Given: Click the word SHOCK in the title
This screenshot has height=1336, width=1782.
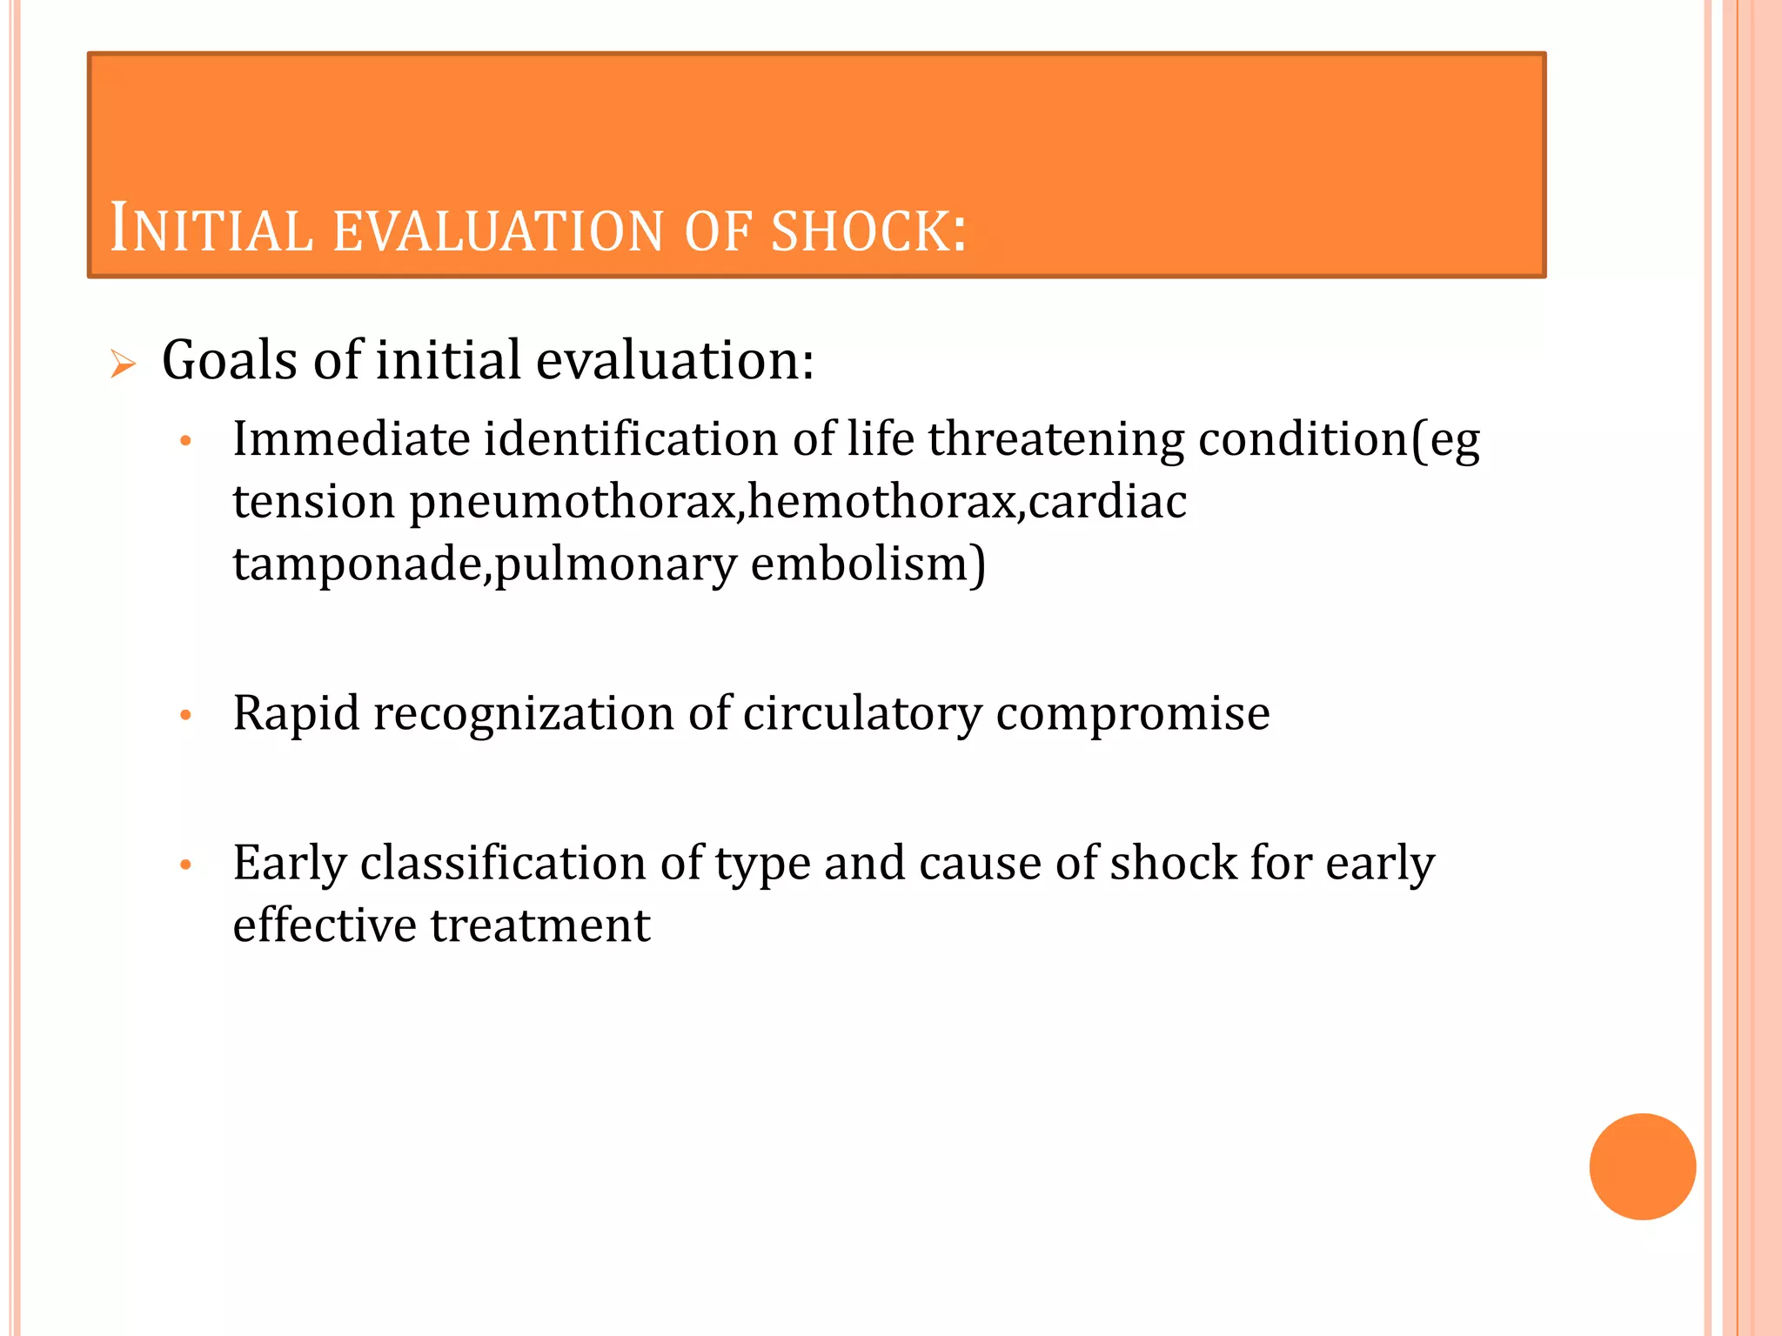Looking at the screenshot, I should tap(868, 231).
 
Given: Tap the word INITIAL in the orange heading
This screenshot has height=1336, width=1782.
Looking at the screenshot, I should tap(211, 230).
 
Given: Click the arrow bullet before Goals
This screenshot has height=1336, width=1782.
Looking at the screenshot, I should tap(124, 364).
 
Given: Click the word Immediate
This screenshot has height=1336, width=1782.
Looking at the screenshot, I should tap(351, 438).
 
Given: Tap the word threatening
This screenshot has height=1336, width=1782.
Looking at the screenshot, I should tap(1055, 440).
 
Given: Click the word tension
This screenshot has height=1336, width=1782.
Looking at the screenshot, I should tap(314, 502).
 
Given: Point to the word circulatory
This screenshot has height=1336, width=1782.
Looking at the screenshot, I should tap(862, 713).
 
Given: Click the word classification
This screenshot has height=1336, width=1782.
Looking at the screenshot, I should tap(503, 864).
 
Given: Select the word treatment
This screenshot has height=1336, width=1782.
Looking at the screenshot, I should tap(540, 925).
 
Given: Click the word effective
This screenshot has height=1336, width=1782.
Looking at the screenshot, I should tap(325, 925).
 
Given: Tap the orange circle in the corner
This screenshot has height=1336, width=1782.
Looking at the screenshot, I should tap(1642, 1166).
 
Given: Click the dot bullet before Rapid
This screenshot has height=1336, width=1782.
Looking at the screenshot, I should tap(185, 716).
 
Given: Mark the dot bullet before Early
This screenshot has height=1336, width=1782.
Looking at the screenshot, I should tap(185, 865).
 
